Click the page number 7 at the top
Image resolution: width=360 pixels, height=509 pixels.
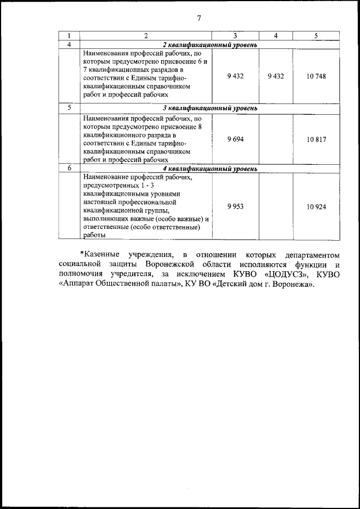point(199,18)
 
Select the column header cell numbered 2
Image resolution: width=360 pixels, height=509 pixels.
point(146,36)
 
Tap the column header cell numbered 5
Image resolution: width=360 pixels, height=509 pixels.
point(316,36)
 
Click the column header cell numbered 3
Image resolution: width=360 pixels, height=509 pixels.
point(235,36)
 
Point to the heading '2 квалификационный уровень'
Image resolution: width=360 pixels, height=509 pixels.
point(210,44)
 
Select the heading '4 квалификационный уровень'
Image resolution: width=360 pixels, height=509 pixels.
point(210,168)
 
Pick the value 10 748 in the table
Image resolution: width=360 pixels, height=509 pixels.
point(316,76)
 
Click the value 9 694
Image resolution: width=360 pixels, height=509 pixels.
point(235,138)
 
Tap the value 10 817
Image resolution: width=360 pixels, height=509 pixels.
point(316,138)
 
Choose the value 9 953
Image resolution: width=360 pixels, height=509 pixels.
point(235,206)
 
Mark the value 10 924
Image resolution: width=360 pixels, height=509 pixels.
point(316,206)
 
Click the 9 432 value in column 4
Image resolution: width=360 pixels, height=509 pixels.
point(276,76)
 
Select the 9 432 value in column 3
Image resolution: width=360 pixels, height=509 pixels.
point(235,76)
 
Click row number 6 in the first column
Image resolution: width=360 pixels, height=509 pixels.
point(69,168)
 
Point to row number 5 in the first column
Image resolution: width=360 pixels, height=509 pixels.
point(69,107)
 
